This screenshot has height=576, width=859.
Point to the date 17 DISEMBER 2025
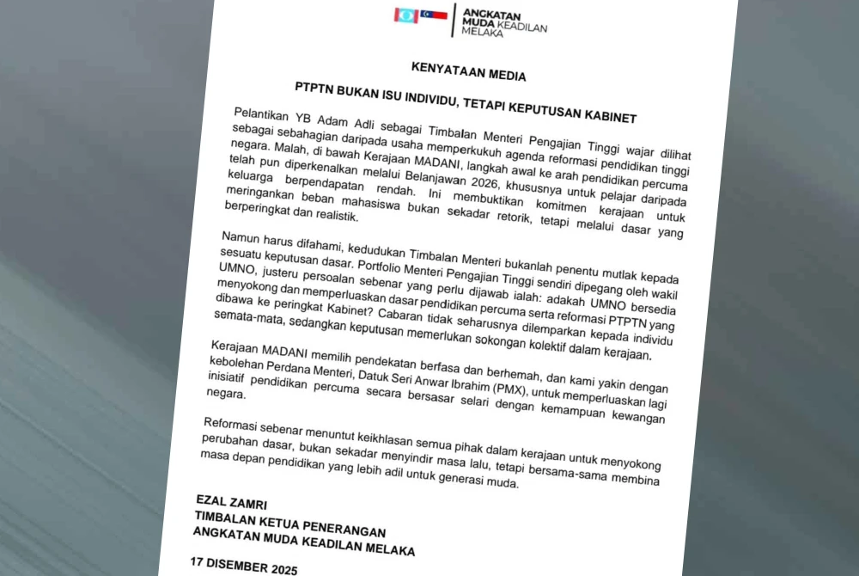coord(243,566)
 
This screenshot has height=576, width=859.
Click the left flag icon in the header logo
coord(405,15)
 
